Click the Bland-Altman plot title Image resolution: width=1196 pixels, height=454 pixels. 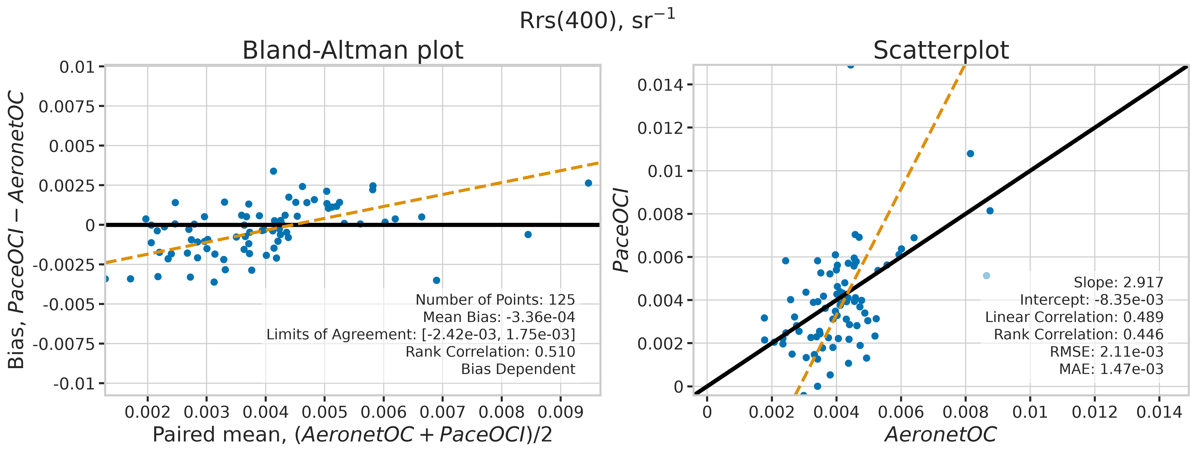(x=353, y=50)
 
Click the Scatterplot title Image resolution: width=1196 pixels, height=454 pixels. (x=941, y=50)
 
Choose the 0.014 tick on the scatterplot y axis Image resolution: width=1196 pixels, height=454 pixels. (x=660, y=85)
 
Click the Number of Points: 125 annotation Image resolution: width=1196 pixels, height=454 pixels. (x=495, y=300)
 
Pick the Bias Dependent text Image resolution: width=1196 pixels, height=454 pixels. (x=518, y=369)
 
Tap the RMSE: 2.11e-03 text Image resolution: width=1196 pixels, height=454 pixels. (x=1107, y=352)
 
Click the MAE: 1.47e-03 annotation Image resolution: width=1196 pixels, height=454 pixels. (x=1111, y=369)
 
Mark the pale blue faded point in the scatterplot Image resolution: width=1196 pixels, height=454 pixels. (x=987, y=276)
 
